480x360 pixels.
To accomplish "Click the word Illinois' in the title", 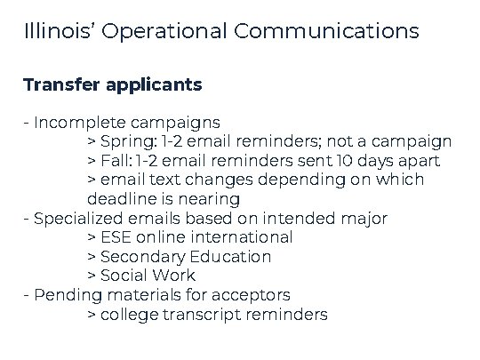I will (60, 32).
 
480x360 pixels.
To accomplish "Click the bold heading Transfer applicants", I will (113, 85).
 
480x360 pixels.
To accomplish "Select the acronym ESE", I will (116, 237).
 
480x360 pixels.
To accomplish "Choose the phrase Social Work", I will (148, 276).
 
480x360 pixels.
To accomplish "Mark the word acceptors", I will (252, 295).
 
